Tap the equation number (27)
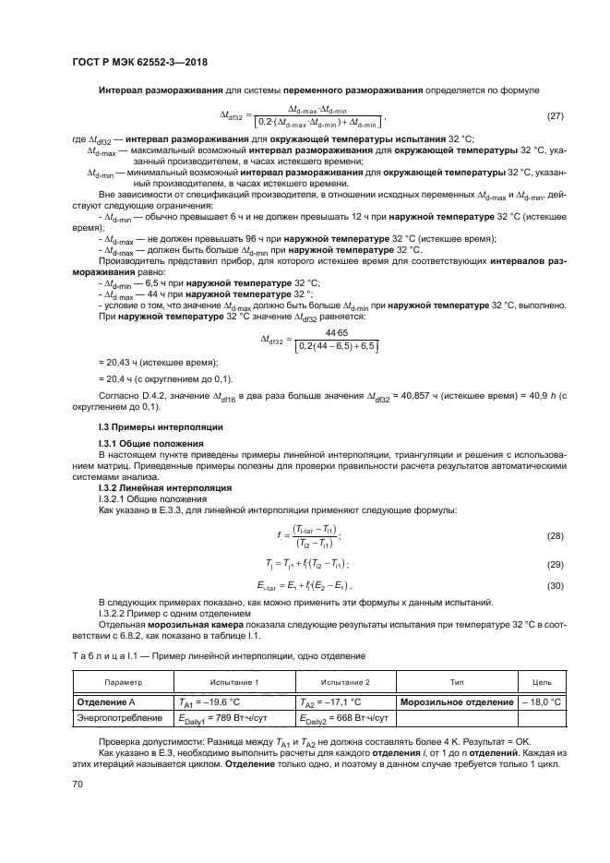click(x=555, y=115)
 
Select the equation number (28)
click(x=555, y=535)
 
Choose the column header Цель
click(x=542, y=682)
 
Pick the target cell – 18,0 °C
click(x=542, y=701)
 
